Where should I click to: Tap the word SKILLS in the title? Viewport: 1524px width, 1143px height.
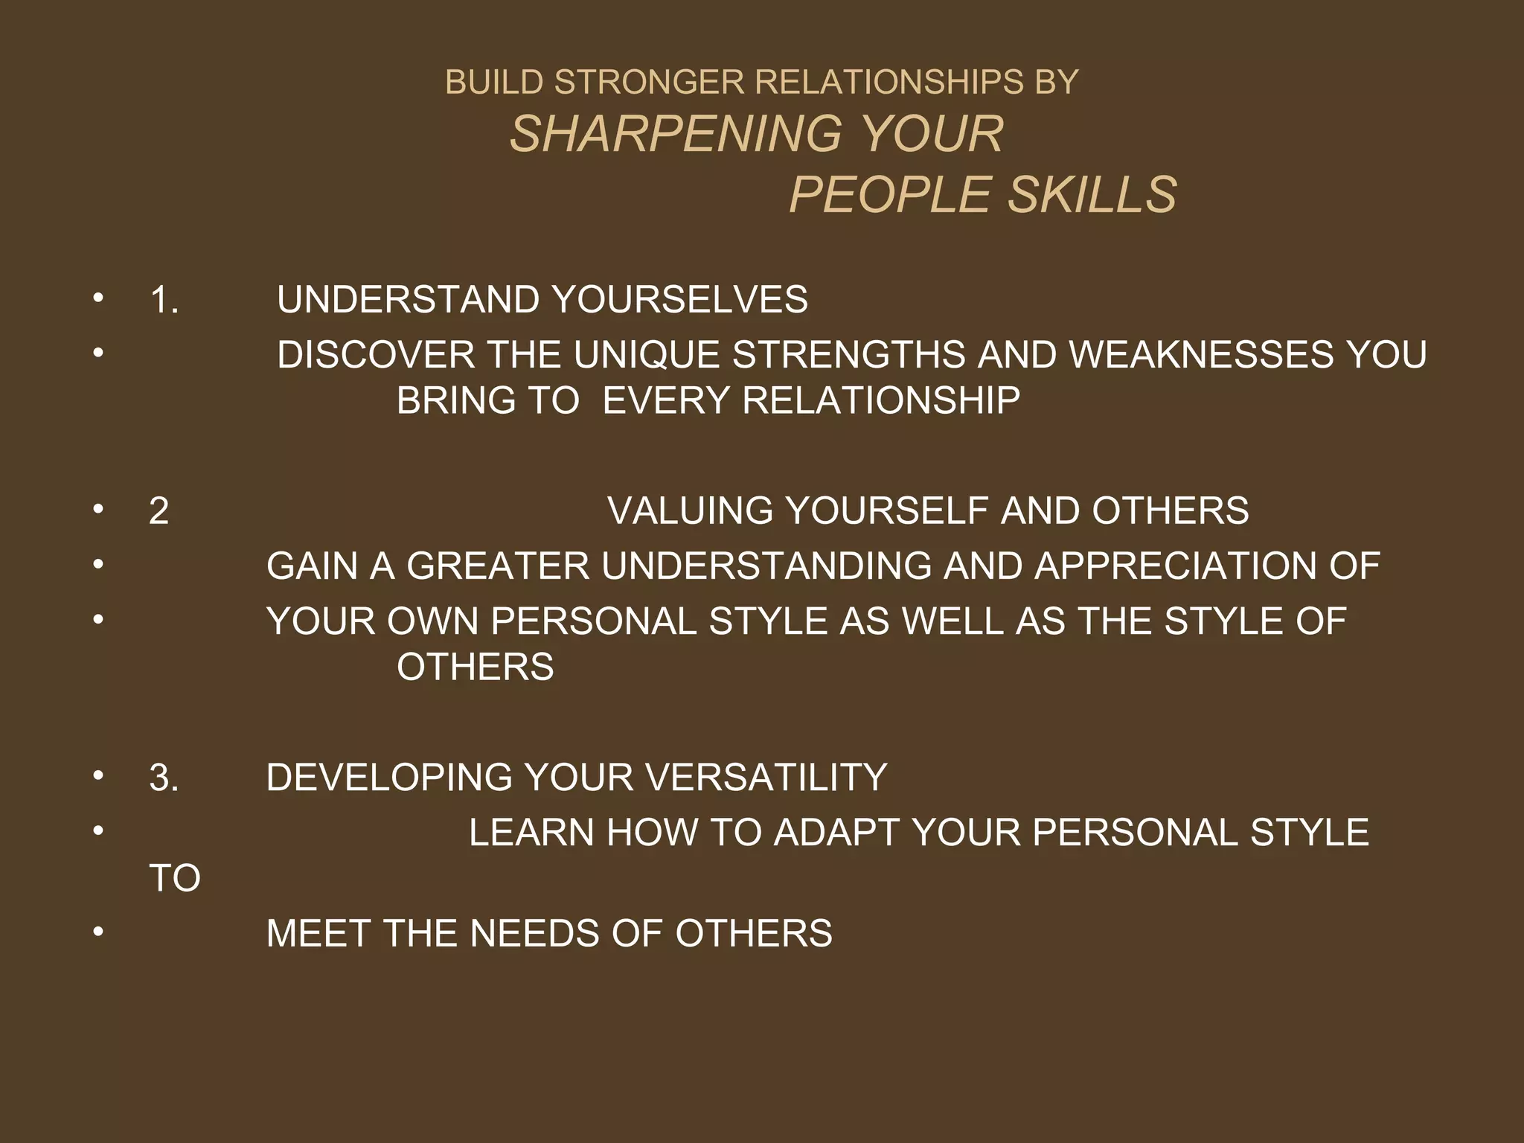pyautogui.click(x=1092, y=196)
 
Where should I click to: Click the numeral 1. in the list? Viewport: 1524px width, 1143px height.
pyautogui.click(x=164, y=300)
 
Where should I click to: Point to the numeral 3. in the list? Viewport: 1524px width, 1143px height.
pyautogui.click(x=164, y=778)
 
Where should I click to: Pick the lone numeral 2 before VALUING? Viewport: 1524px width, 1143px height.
pyautogui.click(x=159, y=511)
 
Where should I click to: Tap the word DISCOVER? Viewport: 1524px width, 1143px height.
pyautogui.click(x=376, y=354)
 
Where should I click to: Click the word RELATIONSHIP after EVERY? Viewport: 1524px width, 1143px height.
pyautogui.click(x=881, y=400)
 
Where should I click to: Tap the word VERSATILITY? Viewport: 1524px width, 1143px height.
pyautogui.click(x=766, y=778)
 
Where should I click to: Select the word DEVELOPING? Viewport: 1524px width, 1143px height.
pyautogui.click(x=388, y=778)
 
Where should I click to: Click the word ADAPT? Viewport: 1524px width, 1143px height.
pyautogui.click(x=836, y=833)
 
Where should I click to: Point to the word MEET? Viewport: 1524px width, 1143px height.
pyautogui.click(x=318, y=934)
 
